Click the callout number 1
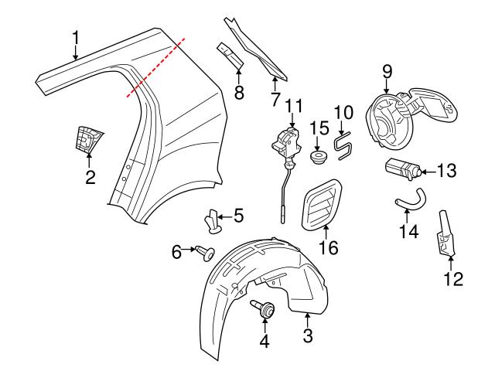pyautogui.click(x=76, y=36)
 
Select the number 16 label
pyautogui.click(x=329, y=247)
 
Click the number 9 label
pyautogui.click(x=387, y=72)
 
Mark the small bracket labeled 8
pyautogui.click(x=230, y=53)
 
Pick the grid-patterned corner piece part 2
pyautogui.click(x=89, y=141)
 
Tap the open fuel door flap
pyautogui.click(x=436, y=107)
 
